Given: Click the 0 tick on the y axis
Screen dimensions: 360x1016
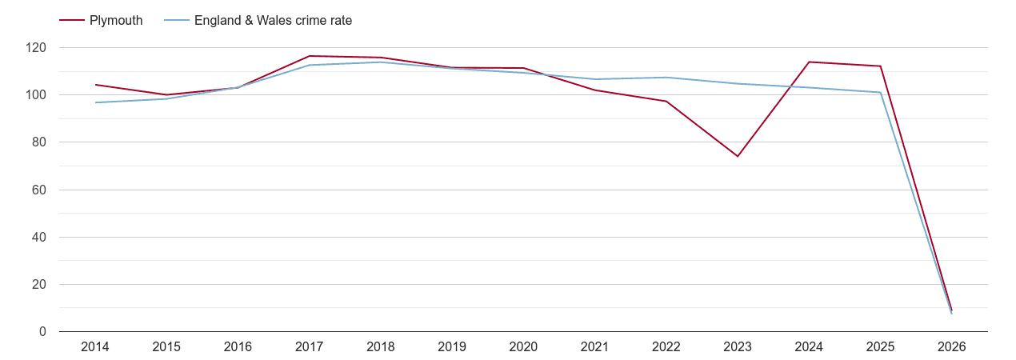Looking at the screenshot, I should (x=43, y=332).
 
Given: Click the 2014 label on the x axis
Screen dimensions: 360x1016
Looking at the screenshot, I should (x=95, y=347).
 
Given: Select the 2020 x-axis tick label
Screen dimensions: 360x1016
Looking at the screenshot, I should (x=523, y=347).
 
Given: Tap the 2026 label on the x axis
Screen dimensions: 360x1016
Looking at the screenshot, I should (x=951, y=347).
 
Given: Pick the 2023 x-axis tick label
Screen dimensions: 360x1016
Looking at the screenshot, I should (x=738, y=347).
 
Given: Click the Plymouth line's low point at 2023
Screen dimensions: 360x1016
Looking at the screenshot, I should (x=738, y=156).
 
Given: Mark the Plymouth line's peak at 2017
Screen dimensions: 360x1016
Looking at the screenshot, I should (x=310, y=56).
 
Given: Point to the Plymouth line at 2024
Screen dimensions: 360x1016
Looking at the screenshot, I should (x=809, y=62).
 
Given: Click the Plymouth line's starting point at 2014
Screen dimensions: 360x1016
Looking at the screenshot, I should (x=95, y=85).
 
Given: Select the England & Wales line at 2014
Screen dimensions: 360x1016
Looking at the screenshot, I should (x=95, y=102).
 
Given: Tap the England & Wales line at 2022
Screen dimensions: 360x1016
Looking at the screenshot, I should (x=666, y=78).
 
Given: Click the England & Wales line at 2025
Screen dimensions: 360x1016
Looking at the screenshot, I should (x=880, y=92).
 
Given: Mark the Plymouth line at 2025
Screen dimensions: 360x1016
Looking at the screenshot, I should (x=880, y=66).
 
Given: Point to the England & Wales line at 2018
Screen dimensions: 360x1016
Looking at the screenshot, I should (x=381, y=62).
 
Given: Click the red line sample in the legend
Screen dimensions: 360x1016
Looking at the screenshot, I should (x=72, y=21).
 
